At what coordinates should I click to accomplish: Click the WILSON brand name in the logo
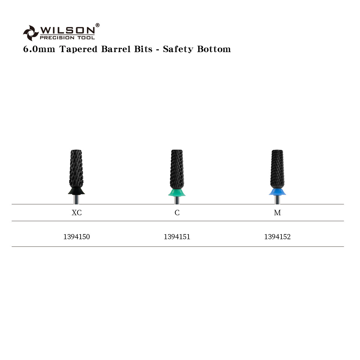[x=67, y=30]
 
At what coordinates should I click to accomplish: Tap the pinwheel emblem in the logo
[x=31, y=33]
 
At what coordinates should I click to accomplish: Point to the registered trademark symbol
[x=97, y=25]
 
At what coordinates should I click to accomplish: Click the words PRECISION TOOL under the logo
[x=67, y=37]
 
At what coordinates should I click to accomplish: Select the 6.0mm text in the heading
[x=39, y=49]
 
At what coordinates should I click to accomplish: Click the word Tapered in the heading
[x=78, y=49]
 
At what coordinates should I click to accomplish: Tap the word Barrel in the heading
[x=116, y=49]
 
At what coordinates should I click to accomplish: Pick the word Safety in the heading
[x=178, y=49]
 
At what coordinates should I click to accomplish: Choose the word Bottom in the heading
[x=214, y=49]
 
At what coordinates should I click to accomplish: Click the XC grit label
[x=77, y=213]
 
